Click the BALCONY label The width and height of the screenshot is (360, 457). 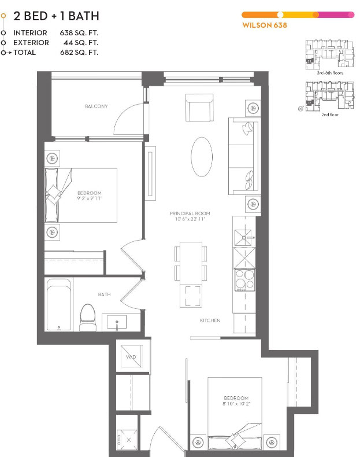tap(97, 106)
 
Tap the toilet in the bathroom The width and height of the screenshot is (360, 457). tap(88, 318)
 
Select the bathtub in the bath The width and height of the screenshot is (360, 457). tap(59, 304)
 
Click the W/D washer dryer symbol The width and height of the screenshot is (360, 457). tap(131, 356)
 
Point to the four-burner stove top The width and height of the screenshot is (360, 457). tap(244, 280)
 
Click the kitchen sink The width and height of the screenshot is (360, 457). tap(243, 238)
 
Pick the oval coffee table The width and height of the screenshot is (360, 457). tap(202, 157)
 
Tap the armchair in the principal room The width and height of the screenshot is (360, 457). tap(199, 108)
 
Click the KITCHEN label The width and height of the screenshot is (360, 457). tap(210, 320)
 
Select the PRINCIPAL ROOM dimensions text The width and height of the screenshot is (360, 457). tap(190, 219)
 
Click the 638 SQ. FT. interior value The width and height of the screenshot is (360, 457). tap(79, 33)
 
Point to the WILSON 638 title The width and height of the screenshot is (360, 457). tap(265, 25)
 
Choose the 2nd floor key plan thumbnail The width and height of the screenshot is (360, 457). tap(330, 95)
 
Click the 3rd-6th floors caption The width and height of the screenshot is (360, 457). tap(330, 73)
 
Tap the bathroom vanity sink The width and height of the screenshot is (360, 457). tap(117, 322)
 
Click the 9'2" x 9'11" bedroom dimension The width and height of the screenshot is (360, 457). tap(90, 198)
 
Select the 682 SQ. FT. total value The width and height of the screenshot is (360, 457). tap(79, 53)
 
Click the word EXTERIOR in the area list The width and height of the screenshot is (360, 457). tap(31, 43)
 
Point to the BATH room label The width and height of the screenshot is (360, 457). tap(104, 294)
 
